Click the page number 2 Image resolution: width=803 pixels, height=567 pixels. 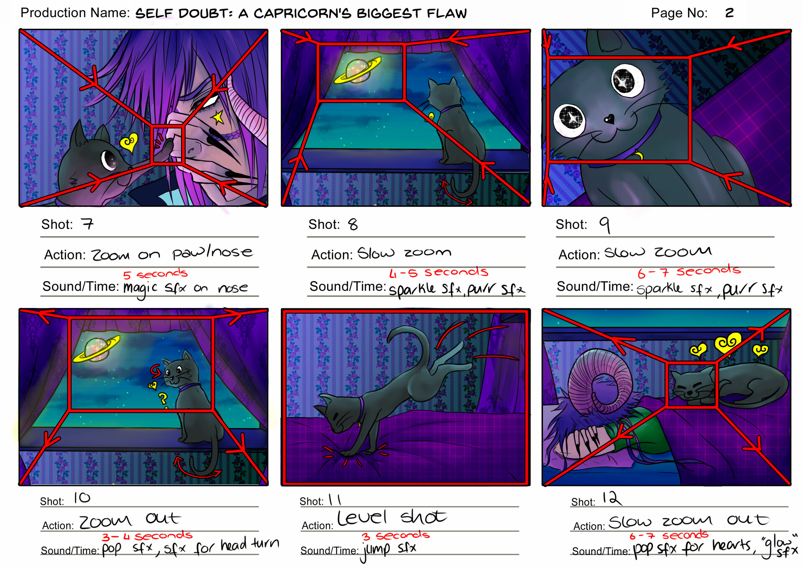pyautogui.click(x=729, y=13)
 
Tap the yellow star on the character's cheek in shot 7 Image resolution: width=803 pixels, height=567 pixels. pyautogui.click(x=218, y=118)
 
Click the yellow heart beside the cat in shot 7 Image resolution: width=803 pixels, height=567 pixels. pyautogui.click(x=129, y=143)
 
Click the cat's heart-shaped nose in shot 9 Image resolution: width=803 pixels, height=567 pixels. pyautogui.click(x=609, y=120)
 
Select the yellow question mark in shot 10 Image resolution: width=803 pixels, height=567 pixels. pyautogui.click(x=162, y=399)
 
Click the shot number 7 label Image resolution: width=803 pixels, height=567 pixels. pyautogui.click(x=87, y=224)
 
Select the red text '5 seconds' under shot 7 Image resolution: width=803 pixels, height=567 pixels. pyautogui.click(x=155, y=275)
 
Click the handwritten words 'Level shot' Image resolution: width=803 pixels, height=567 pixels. pyautogui.click(x=391, y=518)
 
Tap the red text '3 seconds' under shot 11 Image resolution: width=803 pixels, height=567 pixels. pyautogui.click(x=395, y=536)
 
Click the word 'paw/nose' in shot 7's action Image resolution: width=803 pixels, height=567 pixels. pyautogui.click(x=212, y=252)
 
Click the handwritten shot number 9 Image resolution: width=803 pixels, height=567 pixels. pyautogui.click(x=605, y=225)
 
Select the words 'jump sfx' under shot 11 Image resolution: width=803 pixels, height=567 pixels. pyautogui.click(x=389, y=549)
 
